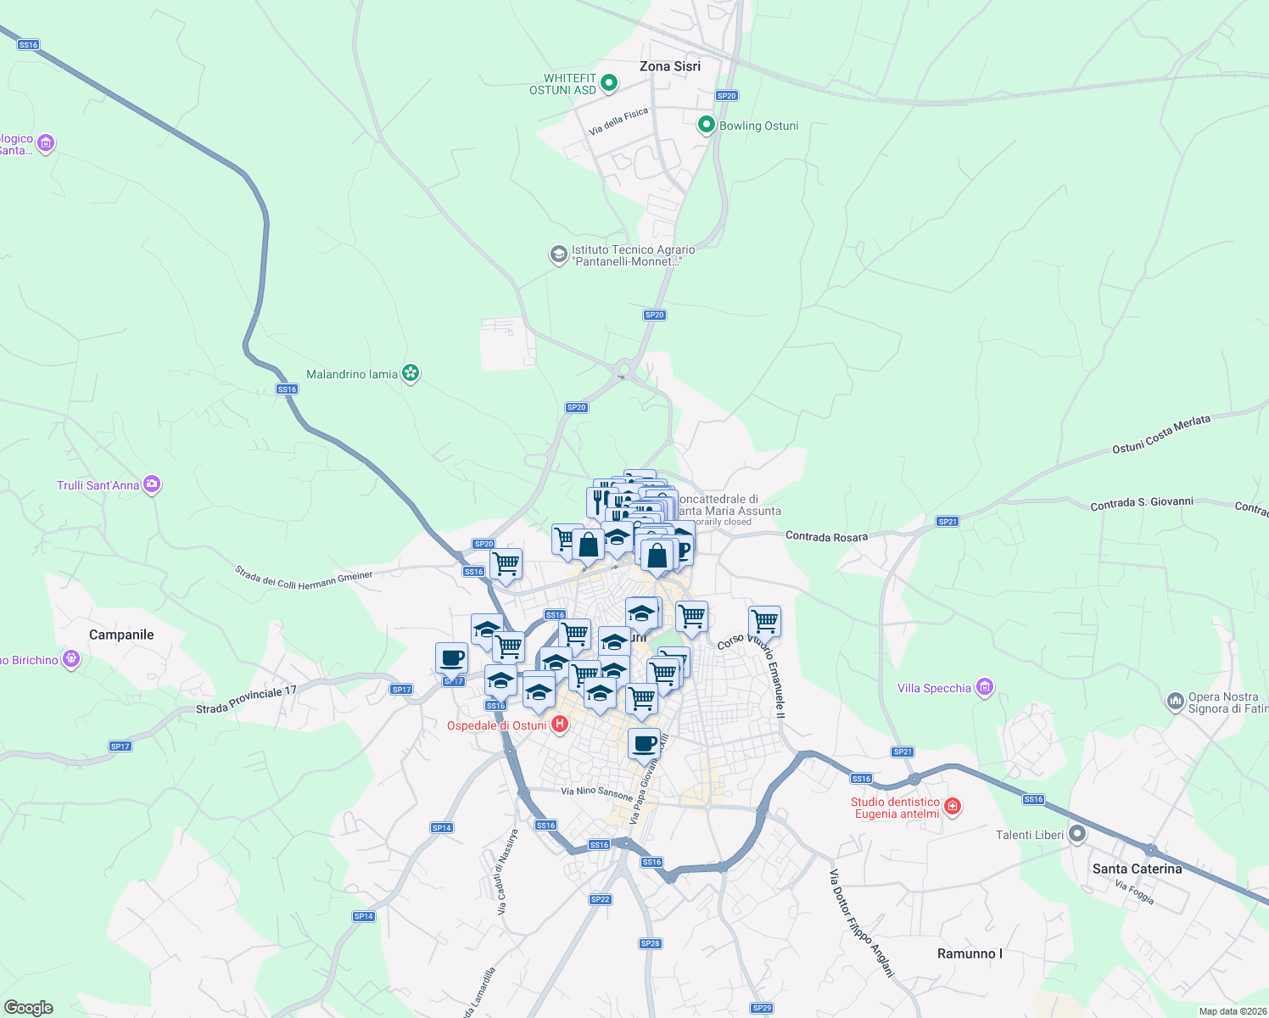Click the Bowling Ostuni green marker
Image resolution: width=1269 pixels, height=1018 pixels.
point(706,126)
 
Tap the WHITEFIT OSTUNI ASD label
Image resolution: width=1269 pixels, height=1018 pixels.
point(562,84)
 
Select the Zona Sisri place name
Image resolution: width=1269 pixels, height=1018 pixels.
point(670,66)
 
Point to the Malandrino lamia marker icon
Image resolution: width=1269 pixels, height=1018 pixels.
point(411,373)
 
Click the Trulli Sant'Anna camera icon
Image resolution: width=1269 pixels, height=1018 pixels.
point(152,484)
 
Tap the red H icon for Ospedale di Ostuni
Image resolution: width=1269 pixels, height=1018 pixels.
point(559,724)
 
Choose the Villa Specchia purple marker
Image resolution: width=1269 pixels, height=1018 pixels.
point(984,687)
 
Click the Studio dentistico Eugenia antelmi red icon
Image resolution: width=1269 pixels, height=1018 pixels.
point(953,807)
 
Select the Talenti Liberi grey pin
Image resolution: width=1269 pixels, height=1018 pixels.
point(1077,835)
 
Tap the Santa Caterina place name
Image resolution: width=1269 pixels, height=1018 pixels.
point(1137,869)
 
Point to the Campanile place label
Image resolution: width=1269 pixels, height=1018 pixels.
point(121,635)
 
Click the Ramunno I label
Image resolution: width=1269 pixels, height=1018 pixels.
point(970,954)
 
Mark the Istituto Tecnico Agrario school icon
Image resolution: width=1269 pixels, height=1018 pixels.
point(558,255)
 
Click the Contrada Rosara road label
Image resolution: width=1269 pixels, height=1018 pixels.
point(826,536)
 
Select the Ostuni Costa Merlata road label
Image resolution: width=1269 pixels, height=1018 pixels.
point(1161,433)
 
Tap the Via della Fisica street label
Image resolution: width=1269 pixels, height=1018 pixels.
point(618,121)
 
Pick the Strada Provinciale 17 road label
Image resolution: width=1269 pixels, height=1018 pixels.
point(246,700)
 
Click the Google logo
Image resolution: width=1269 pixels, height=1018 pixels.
point(28,1008)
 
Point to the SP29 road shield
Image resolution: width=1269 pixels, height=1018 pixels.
point(762,1008)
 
